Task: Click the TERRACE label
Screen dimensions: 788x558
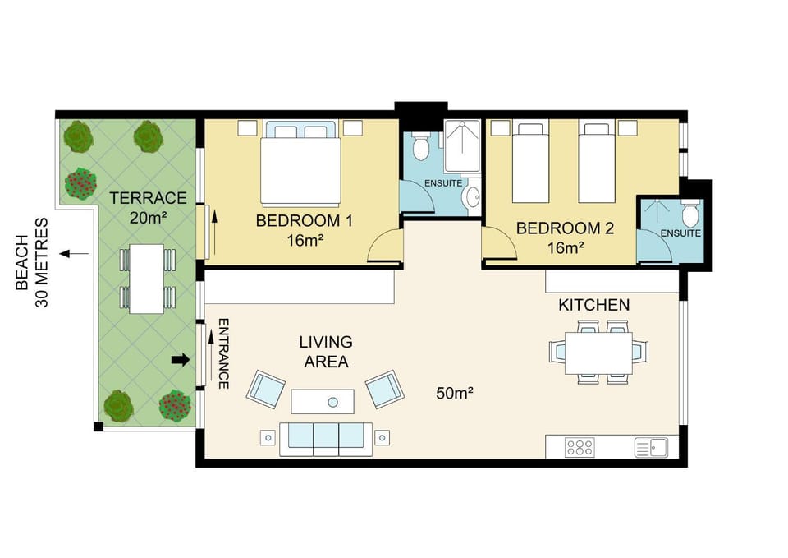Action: tap(149, 198)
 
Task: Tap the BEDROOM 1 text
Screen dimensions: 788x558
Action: tap(305, 221)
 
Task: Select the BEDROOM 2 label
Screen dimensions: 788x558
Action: tap(565, 228)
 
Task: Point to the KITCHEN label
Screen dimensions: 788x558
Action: tap(594, 305)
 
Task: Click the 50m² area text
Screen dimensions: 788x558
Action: tap(454, 393)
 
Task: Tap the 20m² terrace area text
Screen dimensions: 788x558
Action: tap(149, 218)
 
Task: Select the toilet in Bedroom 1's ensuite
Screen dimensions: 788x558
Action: tap(419, 145)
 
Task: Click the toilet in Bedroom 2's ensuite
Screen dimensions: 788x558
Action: tap(691, 214)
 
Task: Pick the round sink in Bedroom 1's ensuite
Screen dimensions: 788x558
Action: tap(473, 196)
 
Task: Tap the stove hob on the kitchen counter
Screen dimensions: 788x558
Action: tap(580, 447)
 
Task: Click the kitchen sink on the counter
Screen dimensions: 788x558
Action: tap(651, 447)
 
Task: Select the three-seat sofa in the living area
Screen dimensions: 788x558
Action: tap(326, 439)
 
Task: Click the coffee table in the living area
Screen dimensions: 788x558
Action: tap(323, 402)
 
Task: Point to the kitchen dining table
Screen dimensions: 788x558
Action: tap(598, 353)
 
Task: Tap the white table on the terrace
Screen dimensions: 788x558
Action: tap(147, 279)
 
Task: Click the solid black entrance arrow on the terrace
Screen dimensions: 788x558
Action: tap(181, 360)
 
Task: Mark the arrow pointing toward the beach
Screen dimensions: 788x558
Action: tap(75, 254)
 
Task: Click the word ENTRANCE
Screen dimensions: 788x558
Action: tap(224, 353)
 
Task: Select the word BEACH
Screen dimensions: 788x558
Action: tap(22, 262)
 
